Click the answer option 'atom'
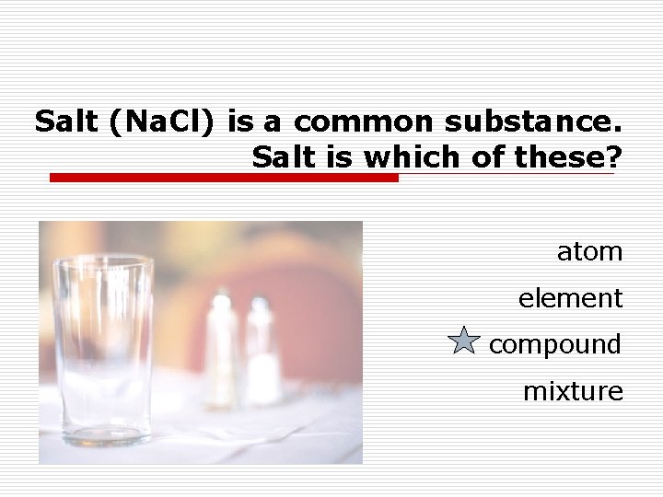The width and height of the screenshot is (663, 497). [589, 251]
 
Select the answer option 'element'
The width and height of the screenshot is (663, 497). [570, 298]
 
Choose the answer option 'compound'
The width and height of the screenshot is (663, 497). [554, 345]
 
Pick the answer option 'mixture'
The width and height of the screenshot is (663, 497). [573, 392]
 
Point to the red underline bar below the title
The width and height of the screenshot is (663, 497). [223, 178]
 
